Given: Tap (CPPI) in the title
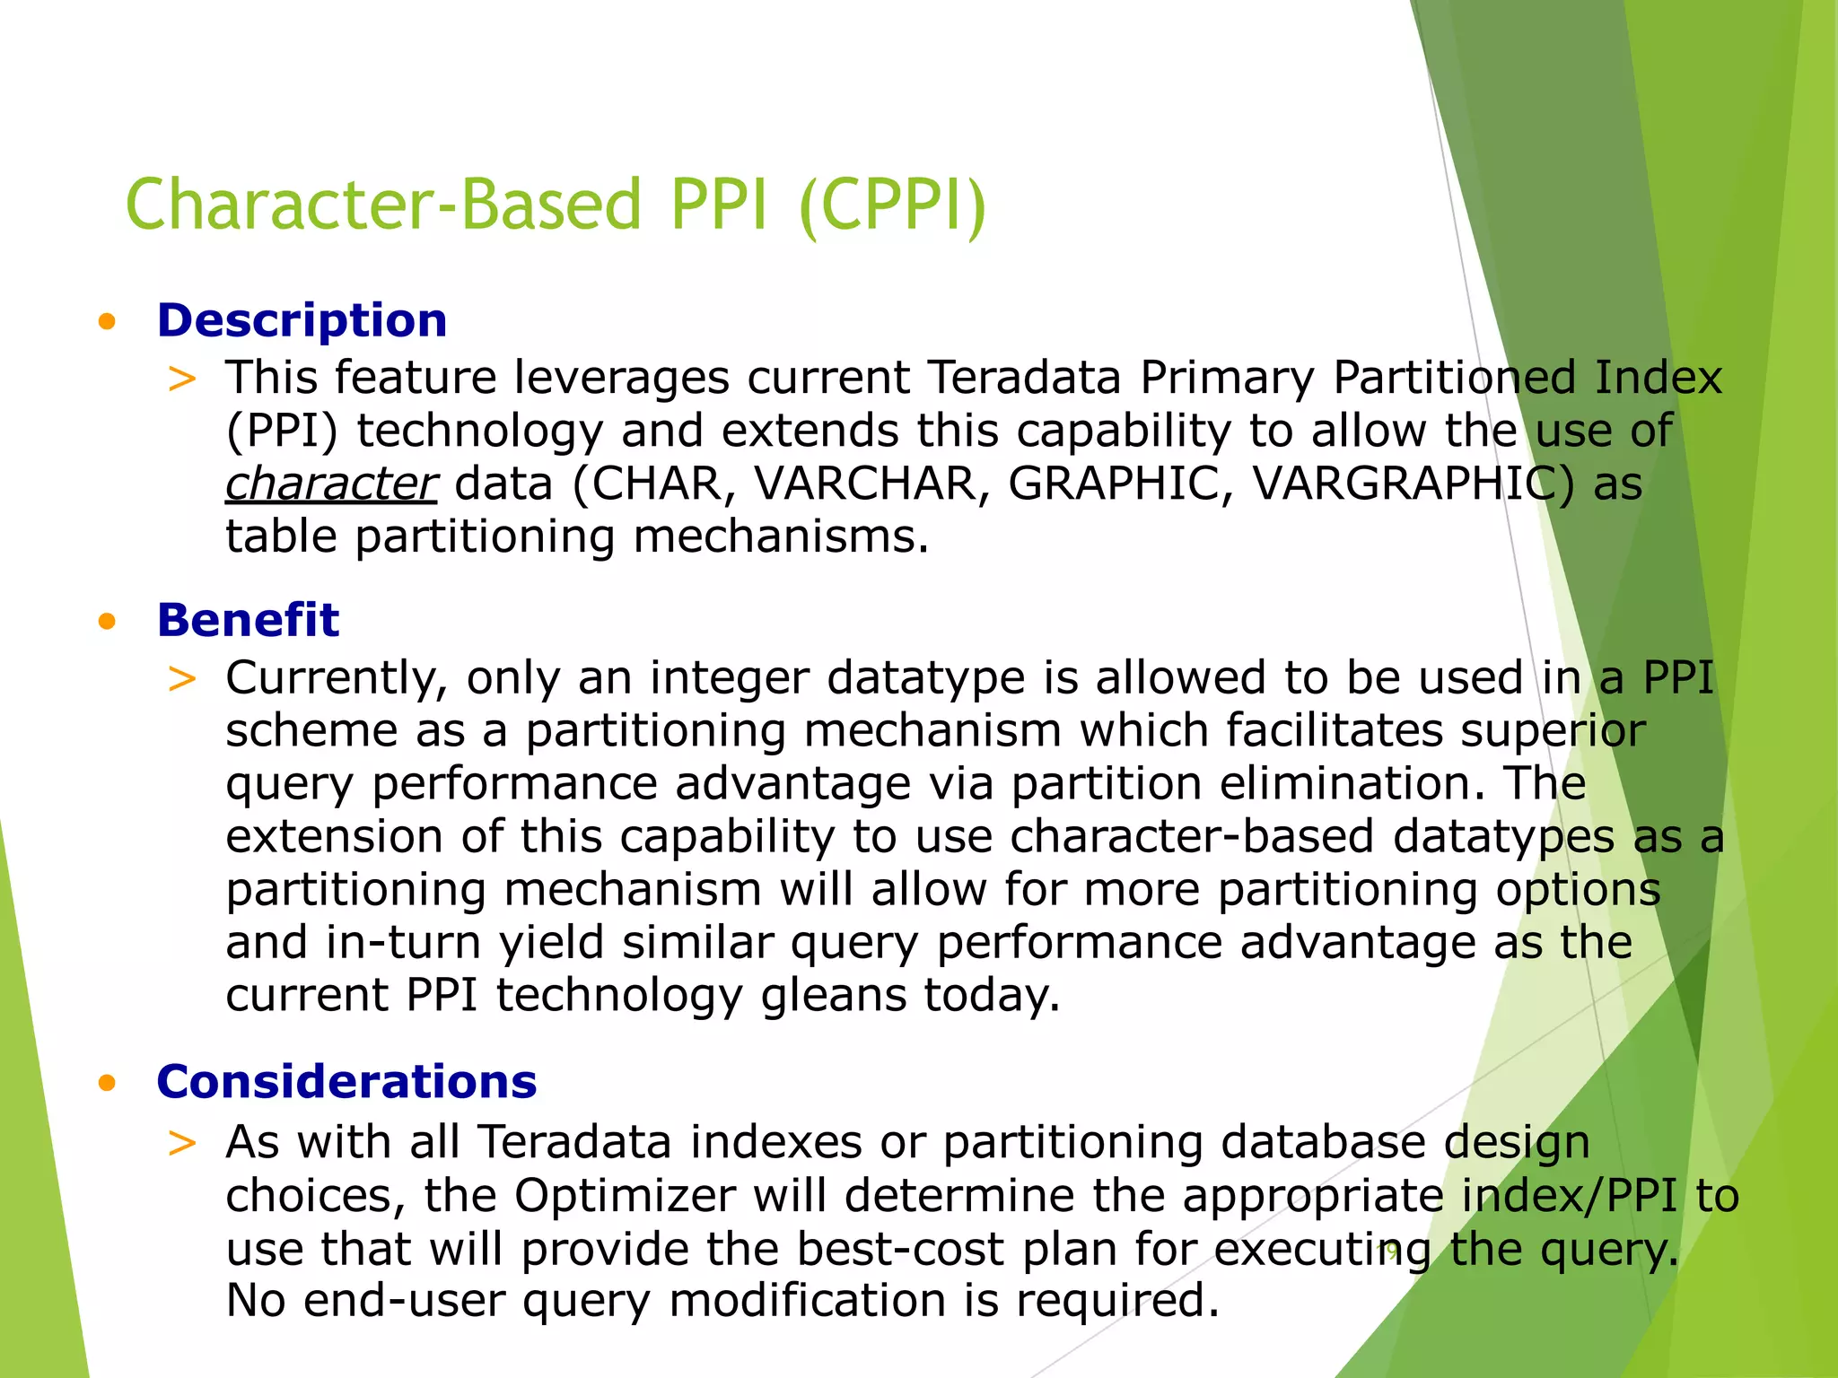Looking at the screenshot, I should pyautogui.click(x=892, y=205).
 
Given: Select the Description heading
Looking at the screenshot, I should pyautogui.click(x=302, y=320).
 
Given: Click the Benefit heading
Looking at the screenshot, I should pyautogui.click(x=248, y=620).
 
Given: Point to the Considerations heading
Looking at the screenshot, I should pyautogui.click(x=346, y=1081).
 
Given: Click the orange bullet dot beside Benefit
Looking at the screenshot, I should pyautogui.click(x=108, y=621).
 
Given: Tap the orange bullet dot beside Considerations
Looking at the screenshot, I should pyautogui.click(x=108, y=1083).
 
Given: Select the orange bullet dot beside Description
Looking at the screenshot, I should pyautogui.click(x=108, y=321).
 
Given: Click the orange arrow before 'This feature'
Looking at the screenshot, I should pyautogui.click(x=182, y=379).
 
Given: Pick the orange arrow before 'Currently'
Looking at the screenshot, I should pyautogui.click(x=182, y=678).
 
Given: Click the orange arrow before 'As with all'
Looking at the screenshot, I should pyautogui.click(x=182, y=1143).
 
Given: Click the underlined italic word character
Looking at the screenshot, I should pyautogui.click(x=330, y=483).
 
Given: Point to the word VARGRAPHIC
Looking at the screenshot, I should pyautogui.click(x=1413, y=483).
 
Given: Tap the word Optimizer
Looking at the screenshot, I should pyautogui.click(x=625, y=1195).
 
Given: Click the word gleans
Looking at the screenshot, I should pyautogui.click(x=834, y=995).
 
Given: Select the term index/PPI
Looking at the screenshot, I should pyautogui.click(x=1569, y=1195).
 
